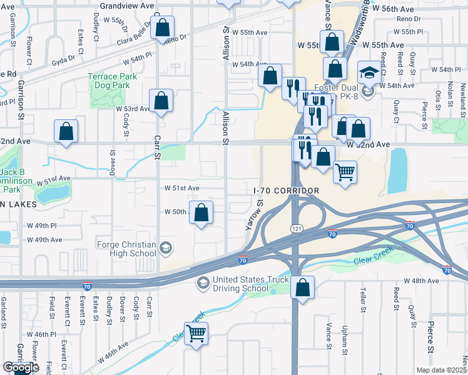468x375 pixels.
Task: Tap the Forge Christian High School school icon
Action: pyautogui.click(x=166, y=249)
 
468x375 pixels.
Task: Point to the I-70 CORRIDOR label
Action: pyautogui.click(x=287, y=190)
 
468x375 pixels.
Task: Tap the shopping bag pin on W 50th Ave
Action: pyautogui.click(x=201, y=213)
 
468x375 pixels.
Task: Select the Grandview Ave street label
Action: pyautogui.click(x=127, y=5)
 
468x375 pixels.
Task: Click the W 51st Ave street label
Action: pyautogui.click(x=182, y=187)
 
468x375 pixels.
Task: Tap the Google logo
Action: pyautogui.click(x=21, y=367)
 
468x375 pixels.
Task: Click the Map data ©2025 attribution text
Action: pyautogui.click(x=441, y=370)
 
